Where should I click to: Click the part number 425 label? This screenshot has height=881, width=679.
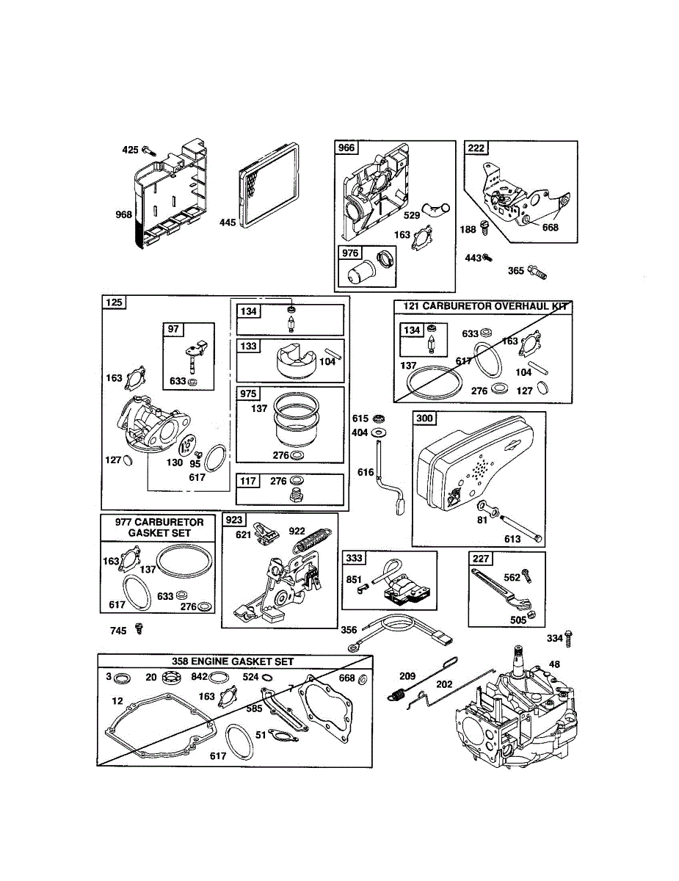(130, 150)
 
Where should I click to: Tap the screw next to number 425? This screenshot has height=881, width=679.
(147, 150)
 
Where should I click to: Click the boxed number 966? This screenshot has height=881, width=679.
(346, 148)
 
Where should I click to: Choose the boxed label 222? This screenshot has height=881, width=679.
(476, 148)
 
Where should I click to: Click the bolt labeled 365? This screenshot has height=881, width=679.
(537, 272)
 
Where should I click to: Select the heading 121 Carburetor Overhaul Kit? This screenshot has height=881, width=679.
(482, 306)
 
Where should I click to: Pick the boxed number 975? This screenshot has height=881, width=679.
(248, 394)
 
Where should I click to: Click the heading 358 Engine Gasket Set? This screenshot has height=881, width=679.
(233, 661)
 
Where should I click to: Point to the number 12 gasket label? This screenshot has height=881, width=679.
(117, 701)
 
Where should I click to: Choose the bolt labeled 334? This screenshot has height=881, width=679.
(571, 638)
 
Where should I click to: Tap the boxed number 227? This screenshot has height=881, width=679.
(481, 559)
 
